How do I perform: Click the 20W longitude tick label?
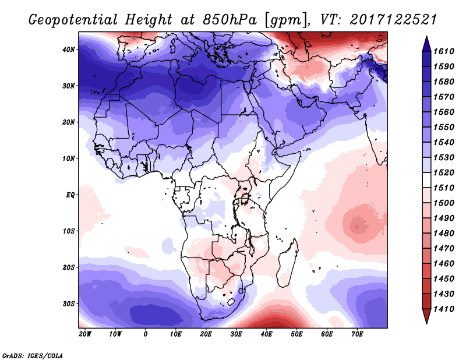(x=85, y=334)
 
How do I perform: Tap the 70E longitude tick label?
(x=358, y=334)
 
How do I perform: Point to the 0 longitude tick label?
(x=146, y=334)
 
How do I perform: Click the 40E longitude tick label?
(x=267, y=334)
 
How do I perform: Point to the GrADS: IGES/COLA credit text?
(x=32, y=355)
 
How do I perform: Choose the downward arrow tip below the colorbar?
(x=426, y=320)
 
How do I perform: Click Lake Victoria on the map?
(x=245, y=199)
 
